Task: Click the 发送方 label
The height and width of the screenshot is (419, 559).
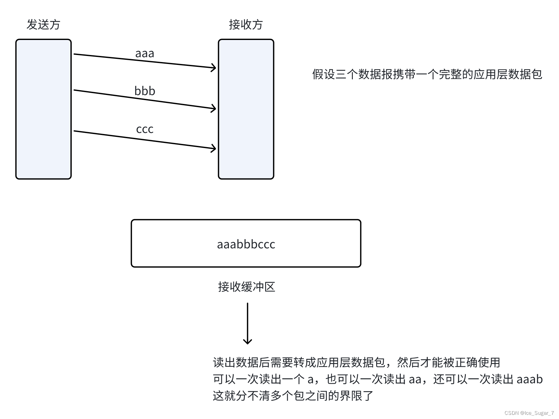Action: (x=43, y=25)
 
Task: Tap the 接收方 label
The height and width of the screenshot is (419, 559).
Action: (x=246, y=25)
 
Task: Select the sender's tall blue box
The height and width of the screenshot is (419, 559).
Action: (x=44, y=109)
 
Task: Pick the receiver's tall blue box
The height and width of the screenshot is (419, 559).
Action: (x=246, y=109)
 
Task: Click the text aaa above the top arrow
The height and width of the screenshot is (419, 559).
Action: (x=145, y=53)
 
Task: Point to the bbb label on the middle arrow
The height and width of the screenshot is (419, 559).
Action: (x=145, y=91)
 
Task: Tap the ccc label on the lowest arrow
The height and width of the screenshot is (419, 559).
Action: (x=145, y=129)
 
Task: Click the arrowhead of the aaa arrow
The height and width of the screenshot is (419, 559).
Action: (x=215, y=67)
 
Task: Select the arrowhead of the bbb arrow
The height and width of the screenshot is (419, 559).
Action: (x=215, y=108)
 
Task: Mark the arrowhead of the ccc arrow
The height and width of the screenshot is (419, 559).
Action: (x=215, y=148)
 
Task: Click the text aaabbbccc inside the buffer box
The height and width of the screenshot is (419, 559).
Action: (x=246, y=244)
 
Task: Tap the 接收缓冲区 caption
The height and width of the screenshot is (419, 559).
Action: (x=247, y=287)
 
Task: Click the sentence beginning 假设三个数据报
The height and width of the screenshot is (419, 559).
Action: (x=427, y=74)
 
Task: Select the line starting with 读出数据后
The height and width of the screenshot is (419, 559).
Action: (x=356, y=362)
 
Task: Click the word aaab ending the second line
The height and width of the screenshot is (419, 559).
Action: (x=530, y=379)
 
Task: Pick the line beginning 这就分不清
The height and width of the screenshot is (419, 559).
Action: (x=293, y=396)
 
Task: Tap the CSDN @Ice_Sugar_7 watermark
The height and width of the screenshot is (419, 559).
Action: (x=529, y=413)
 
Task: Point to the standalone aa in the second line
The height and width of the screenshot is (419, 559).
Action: (x=415, y=379)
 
